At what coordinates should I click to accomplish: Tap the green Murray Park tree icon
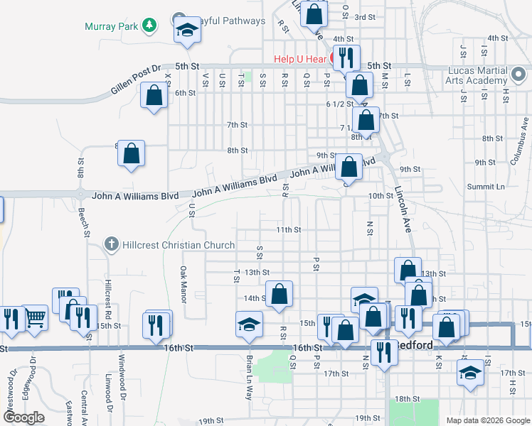(x=149, y=26)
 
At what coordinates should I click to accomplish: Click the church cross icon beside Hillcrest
(x=112, y=245)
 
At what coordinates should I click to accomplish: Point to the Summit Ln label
(x=485, y=186)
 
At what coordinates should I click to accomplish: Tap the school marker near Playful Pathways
(x=187, y=30)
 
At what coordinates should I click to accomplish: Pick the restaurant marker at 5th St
(x=346, y=57)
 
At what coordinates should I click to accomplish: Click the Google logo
(x=24, y=417)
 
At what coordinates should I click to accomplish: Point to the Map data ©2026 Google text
(x=487, y=420)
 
